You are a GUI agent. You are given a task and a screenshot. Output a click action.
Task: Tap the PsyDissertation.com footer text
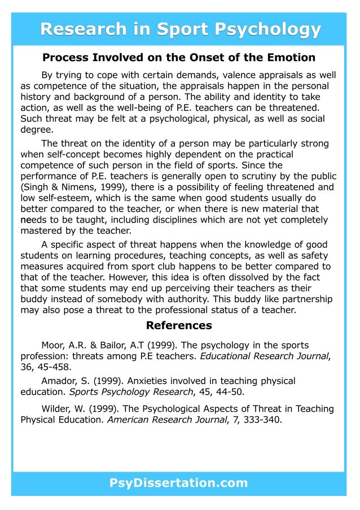click(x=179, y=483)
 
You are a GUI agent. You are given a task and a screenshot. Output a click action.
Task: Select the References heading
click(x=179, y=325)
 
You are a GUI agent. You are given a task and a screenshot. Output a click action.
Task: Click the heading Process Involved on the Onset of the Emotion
click(x=179, y=58)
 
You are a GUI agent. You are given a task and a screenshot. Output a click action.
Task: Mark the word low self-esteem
click(x=54, y=198)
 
